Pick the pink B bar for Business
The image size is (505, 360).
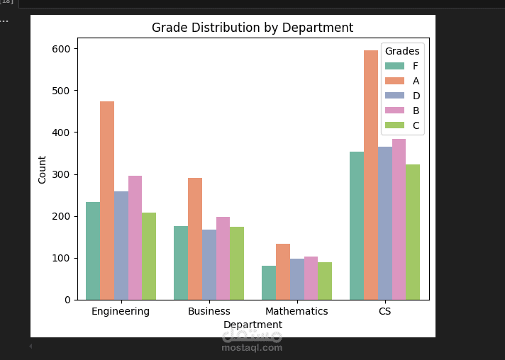point(223,258)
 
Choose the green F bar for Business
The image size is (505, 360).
point(181,263)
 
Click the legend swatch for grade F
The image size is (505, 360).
point(394,66)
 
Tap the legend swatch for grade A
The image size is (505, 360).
point(394,81)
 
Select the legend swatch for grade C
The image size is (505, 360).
point(394,125)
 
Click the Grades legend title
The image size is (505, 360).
point(402,51)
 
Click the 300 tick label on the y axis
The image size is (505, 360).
point(61,174)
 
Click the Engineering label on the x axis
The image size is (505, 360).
point(121,311)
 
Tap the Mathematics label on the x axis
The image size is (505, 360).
point(296,311)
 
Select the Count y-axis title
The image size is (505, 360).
point(43,169)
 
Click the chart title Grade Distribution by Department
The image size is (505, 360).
point(252,28)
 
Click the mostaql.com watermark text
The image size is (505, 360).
point(252,347)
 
